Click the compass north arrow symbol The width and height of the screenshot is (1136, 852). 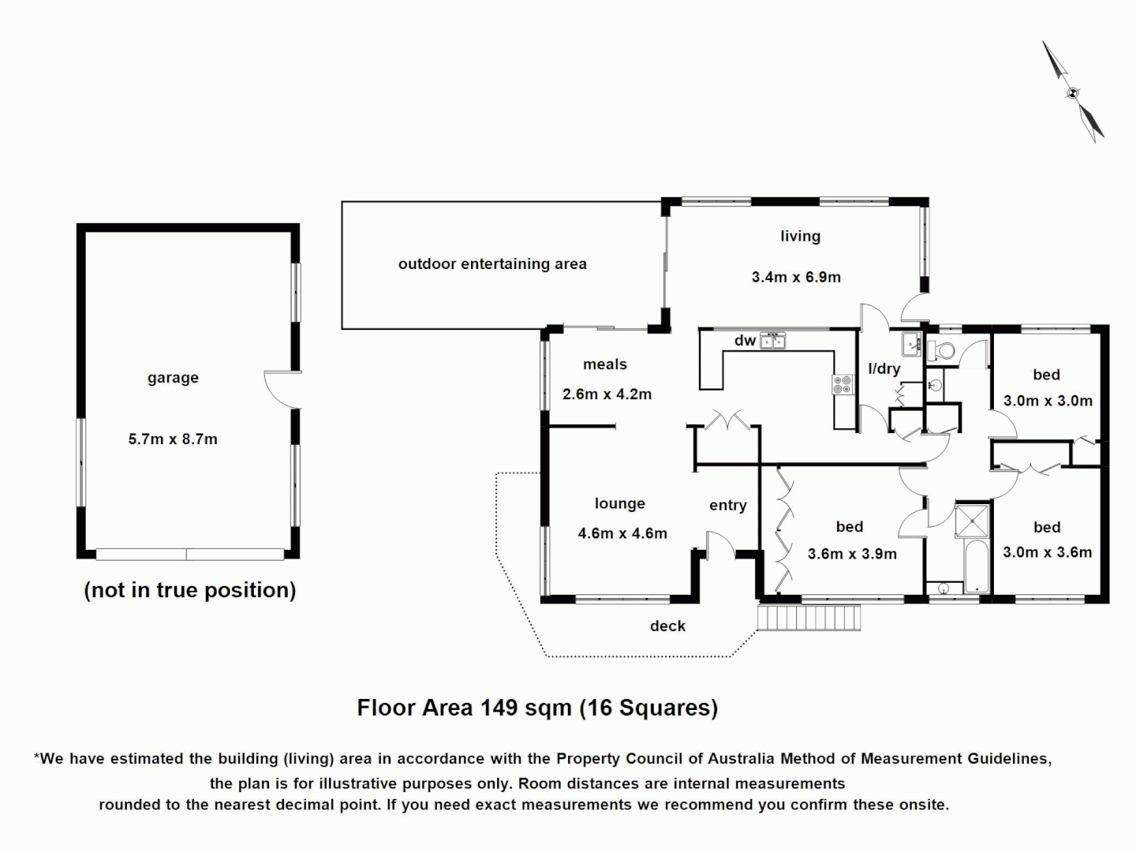1073,92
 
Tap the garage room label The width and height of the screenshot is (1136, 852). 173,378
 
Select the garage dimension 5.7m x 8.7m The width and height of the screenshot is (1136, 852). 173,439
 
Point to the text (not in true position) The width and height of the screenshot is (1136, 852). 190,590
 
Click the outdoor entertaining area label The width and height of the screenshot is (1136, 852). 492,264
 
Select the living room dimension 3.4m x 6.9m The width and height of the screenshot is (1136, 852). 796,277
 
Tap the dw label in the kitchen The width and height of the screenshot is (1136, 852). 745,341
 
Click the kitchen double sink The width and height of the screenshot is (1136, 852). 772,342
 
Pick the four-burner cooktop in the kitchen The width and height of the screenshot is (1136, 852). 843,385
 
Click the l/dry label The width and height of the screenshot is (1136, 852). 884,368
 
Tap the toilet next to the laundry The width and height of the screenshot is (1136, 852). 943,351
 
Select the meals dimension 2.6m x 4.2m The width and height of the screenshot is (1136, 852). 607,394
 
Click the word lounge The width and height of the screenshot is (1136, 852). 619,504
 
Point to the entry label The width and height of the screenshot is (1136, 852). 727,506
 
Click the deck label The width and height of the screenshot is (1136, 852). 667,626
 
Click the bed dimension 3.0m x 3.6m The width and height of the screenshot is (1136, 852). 1047,552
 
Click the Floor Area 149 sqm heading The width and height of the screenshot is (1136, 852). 537,708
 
